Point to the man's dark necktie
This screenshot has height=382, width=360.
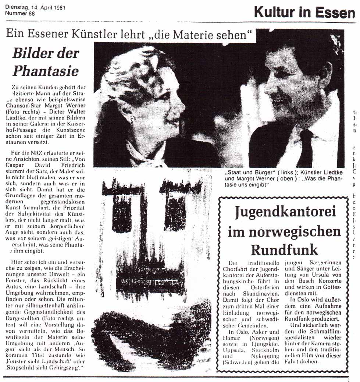coord(305,147)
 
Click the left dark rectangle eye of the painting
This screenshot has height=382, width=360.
coord(122,213)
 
